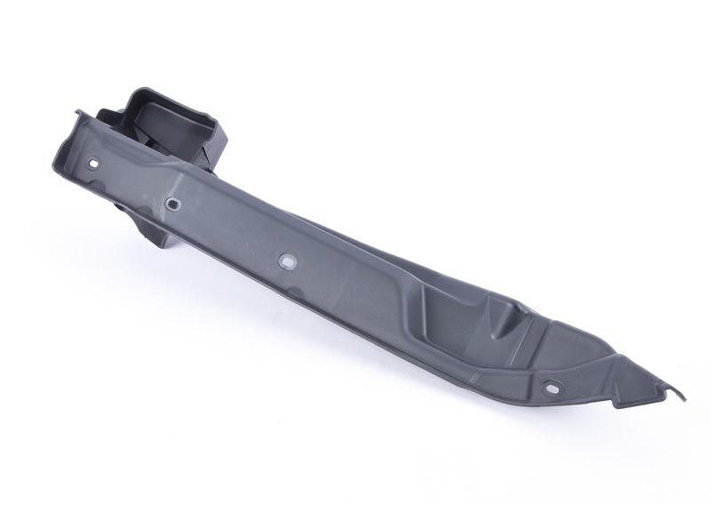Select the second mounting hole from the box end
click(172, 204)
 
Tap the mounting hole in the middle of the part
click(286, 261)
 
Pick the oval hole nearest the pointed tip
click(551, 389)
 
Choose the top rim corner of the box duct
click(142, 90)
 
